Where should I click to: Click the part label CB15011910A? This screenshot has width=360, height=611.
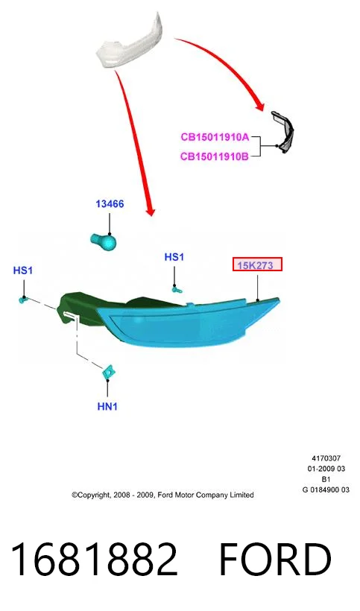215,137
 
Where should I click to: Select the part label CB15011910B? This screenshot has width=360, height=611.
215,156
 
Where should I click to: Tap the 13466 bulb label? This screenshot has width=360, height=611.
110,204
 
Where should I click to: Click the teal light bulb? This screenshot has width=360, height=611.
104,241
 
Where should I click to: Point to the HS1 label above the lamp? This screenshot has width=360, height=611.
174,257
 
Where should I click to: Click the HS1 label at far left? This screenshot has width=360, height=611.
23,270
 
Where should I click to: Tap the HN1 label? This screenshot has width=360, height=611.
107,406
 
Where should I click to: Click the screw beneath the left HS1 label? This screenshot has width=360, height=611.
23,300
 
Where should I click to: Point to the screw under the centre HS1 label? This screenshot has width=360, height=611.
177,289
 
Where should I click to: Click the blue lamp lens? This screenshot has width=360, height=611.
183,323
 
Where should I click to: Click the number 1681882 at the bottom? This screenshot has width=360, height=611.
94,559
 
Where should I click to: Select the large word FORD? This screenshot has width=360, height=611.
275,559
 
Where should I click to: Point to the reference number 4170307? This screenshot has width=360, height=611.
326,458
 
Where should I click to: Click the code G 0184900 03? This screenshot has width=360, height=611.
326,490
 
